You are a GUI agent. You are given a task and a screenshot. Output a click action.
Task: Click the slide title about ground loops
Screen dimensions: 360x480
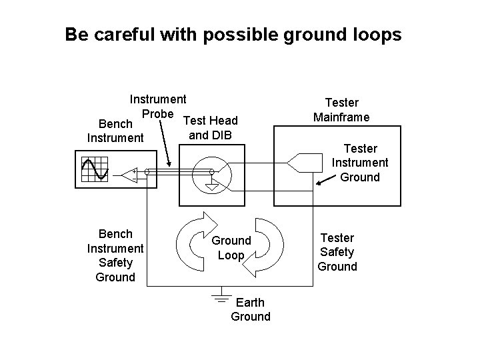coord(233,35)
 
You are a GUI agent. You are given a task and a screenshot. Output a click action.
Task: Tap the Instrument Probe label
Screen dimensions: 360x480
coord(157,106)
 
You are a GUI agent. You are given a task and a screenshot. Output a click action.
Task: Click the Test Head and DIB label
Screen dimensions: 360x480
coord(210,128)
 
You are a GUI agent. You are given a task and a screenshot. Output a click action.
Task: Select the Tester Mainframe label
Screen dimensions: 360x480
coord(341,110)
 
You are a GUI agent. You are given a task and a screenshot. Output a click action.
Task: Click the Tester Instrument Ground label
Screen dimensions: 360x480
coord(360,163)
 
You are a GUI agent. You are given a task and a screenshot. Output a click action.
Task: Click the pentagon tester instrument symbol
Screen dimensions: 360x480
coord(297,160)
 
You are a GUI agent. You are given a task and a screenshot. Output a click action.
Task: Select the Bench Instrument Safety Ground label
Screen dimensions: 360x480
coord(115,255)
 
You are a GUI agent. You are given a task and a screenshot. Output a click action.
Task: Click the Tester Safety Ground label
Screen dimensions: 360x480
coord(337,252)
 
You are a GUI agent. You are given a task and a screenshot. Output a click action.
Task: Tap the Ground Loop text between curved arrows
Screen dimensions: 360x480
coord(231,247)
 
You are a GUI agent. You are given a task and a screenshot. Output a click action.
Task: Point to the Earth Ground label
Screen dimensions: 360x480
coord(251,310)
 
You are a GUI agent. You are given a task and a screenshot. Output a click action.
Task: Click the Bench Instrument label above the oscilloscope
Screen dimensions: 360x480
coord(115,131)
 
